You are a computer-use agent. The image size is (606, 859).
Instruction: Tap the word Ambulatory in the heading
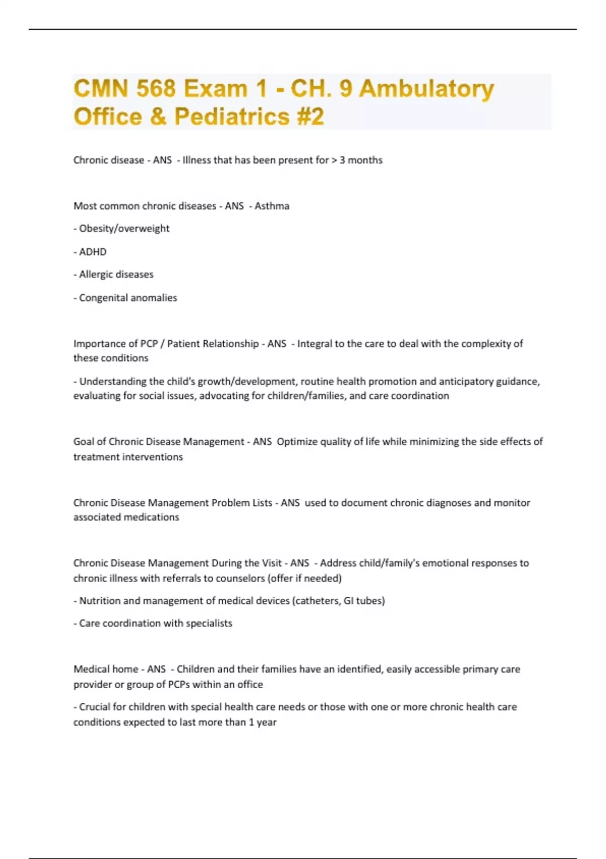click(426, 89)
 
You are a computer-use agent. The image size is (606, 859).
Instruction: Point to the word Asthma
click(272, 206)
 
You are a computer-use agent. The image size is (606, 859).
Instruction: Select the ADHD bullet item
click(92, 252)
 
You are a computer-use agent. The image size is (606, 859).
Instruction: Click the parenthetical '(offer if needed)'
click(304, 578)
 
